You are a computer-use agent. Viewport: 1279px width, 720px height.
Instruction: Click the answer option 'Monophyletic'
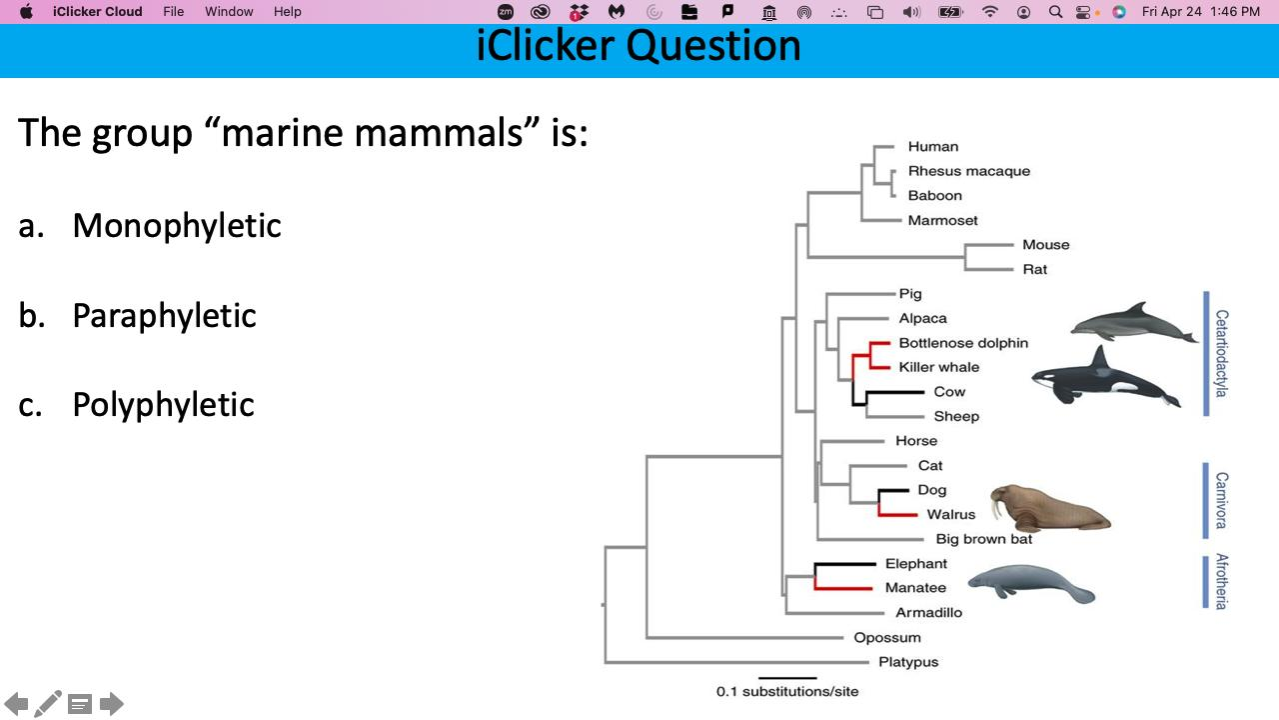tap(176, 226)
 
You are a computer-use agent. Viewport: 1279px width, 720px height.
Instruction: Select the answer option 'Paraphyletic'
tap(164, 316)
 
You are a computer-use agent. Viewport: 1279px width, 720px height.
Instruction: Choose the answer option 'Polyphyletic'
tap(163, 405)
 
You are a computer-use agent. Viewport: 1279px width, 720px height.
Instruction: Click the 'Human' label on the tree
tap(932, 147)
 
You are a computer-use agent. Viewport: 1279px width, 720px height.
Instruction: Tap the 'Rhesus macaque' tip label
tap(968, 171)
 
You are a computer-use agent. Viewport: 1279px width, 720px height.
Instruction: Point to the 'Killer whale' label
tap(938, 367)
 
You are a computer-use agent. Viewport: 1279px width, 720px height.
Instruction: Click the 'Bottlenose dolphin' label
tap(962, 343)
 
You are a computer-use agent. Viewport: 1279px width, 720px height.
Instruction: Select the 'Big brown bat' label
tap(983, 539)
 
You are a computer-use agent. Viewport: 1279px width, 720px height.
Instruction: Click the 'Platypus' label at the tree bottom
tap(907, 662)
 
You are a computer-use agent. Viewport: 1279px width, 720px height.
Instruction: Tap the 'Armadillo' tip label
tap(928, 612)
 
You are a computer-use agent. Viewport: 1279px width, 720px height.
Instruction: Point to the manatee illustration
tap(1031, 582)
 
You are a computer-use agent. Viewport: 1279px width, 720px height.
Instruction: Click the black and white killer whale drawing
tap(1104, 379)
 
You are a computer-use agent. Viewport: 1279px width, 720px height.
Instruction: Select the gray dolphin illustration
tap(1132, 323)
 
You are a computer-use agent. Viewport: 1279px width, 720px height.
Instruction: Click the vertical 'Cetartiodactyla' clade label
tap(1221, 353)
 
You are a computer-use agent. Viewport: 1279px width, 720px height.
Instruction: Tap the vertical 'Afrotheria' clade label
tap(1221, 581)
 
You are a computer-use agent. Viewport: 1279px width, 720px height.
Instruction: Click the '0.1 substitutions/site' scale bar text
tap(786, 691)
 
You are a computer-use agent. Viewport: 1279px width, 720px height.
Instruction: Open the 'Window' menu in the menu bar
tap(229, 12)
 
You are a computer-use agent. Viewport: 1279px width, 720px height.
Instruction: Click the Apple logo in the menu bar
tap(26, 12)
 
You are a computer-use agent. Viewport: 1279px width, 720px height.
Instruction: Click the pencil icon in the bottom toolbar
tap(48, 704)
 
